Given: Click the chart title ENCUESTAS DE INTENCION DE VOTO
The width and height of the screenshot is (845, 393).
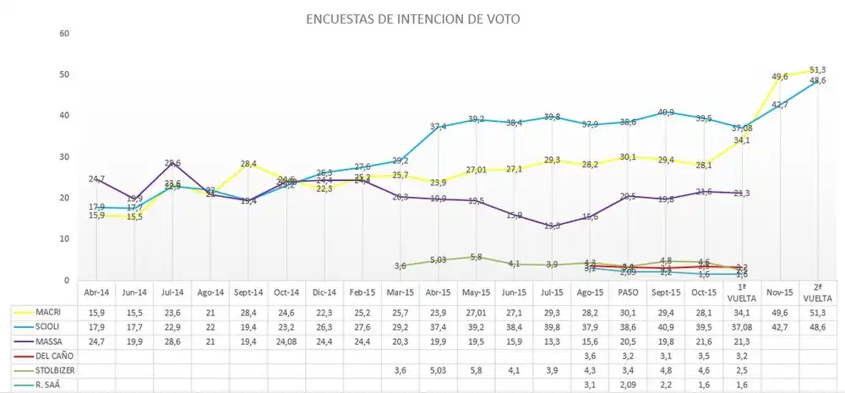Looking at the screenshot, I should click(x=413, y=17).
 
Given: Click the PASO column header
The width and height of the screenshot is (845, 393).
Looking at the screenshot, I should click(x=628, y=292).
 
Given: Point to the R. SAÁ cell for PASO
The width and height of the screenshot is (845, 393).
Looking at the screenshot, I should click(x=628, y=385).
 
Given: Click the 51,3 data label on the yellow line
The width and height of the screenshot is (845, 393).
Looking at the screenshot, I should click(x=817, y=69).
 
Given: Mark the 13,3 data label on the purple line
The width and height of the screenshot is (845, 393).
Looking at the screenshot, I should click(x=551, y=225).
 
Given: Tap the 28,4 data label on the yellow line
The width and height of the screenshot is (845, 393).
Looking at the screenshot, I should click(x=248, y=164).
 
